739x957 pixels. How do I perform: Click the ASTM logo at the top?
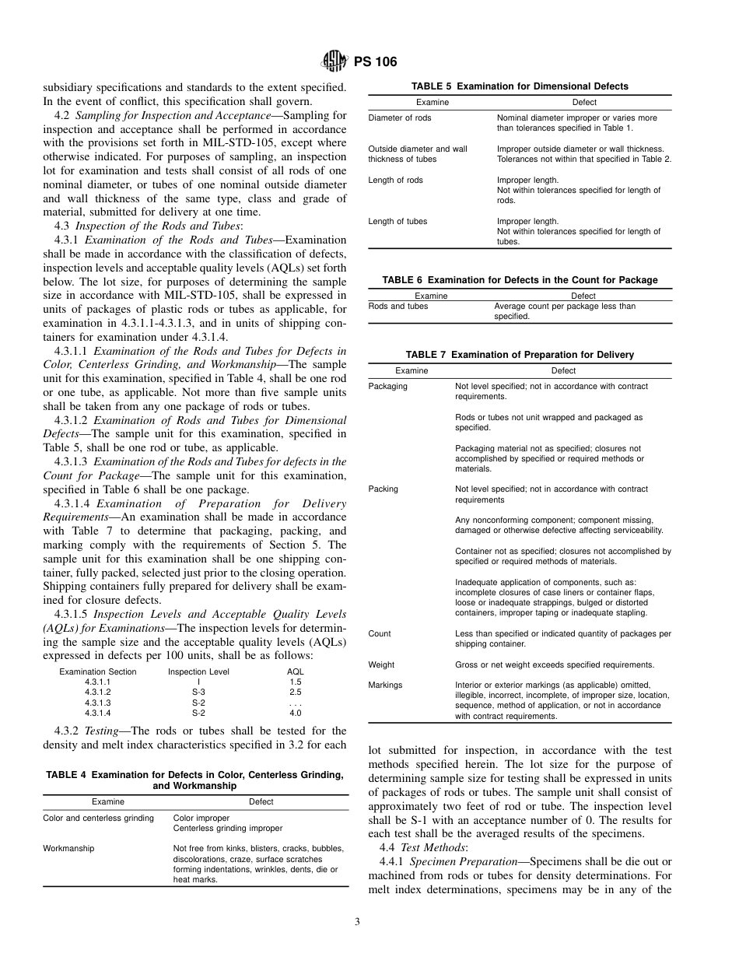coord(330,63)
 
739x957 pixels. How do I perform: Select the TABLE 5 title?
coord(520,86)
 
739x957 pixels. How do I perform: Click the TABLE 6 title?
coord(520,280)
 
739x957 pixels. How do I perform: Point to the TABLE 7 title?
coord(520,355)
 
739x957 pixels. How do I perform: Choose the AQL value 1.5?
coord(295,682)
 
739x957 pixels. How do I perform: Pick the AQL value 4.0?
coord(295,713)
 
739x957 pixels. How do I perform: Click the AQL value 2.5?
coord(295,692)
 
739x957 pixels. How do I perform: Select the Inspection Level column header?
coord(198,672)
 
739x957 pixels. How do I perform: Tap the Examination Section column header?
coord(98,672)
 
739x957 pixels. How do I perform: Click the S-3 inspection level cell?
coord(198,692)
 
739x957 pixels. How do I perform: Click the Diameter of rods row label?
coord(400,118)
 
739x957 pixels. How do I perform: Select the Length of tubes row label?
coord(398,222)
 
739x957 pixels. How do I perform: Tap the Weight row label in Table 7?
coord(381,665)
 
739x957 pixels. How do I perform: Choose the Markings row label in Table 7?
coord(385,685)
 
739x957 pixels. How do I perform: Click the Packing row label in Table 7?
coord(383,489)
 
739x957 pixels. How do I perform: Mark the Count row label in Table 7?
coord(380,634)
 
